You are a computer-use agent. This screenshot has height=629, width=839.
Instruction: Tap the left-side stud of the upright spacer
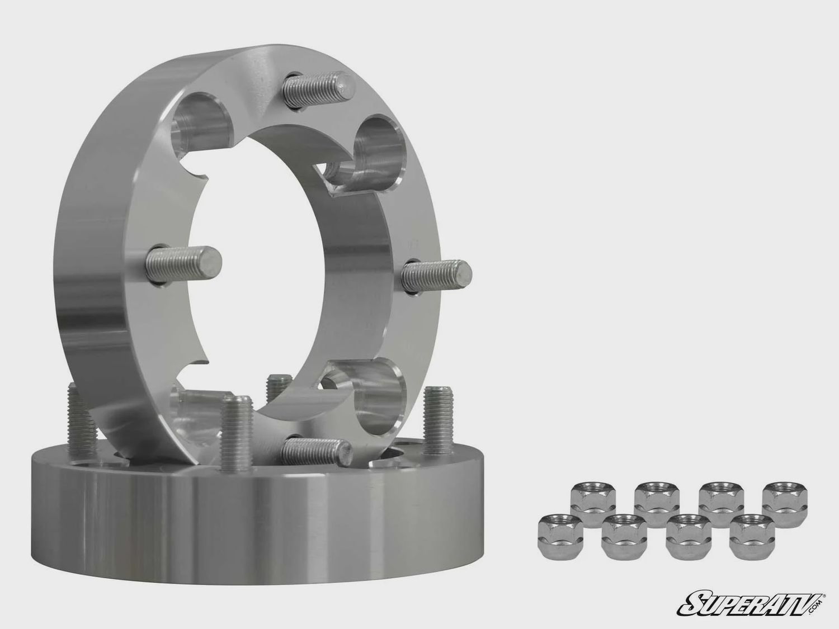click(185, 260)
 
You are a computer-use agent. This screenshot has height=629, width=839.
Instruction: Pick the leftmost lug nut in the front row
click(556, 531)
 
